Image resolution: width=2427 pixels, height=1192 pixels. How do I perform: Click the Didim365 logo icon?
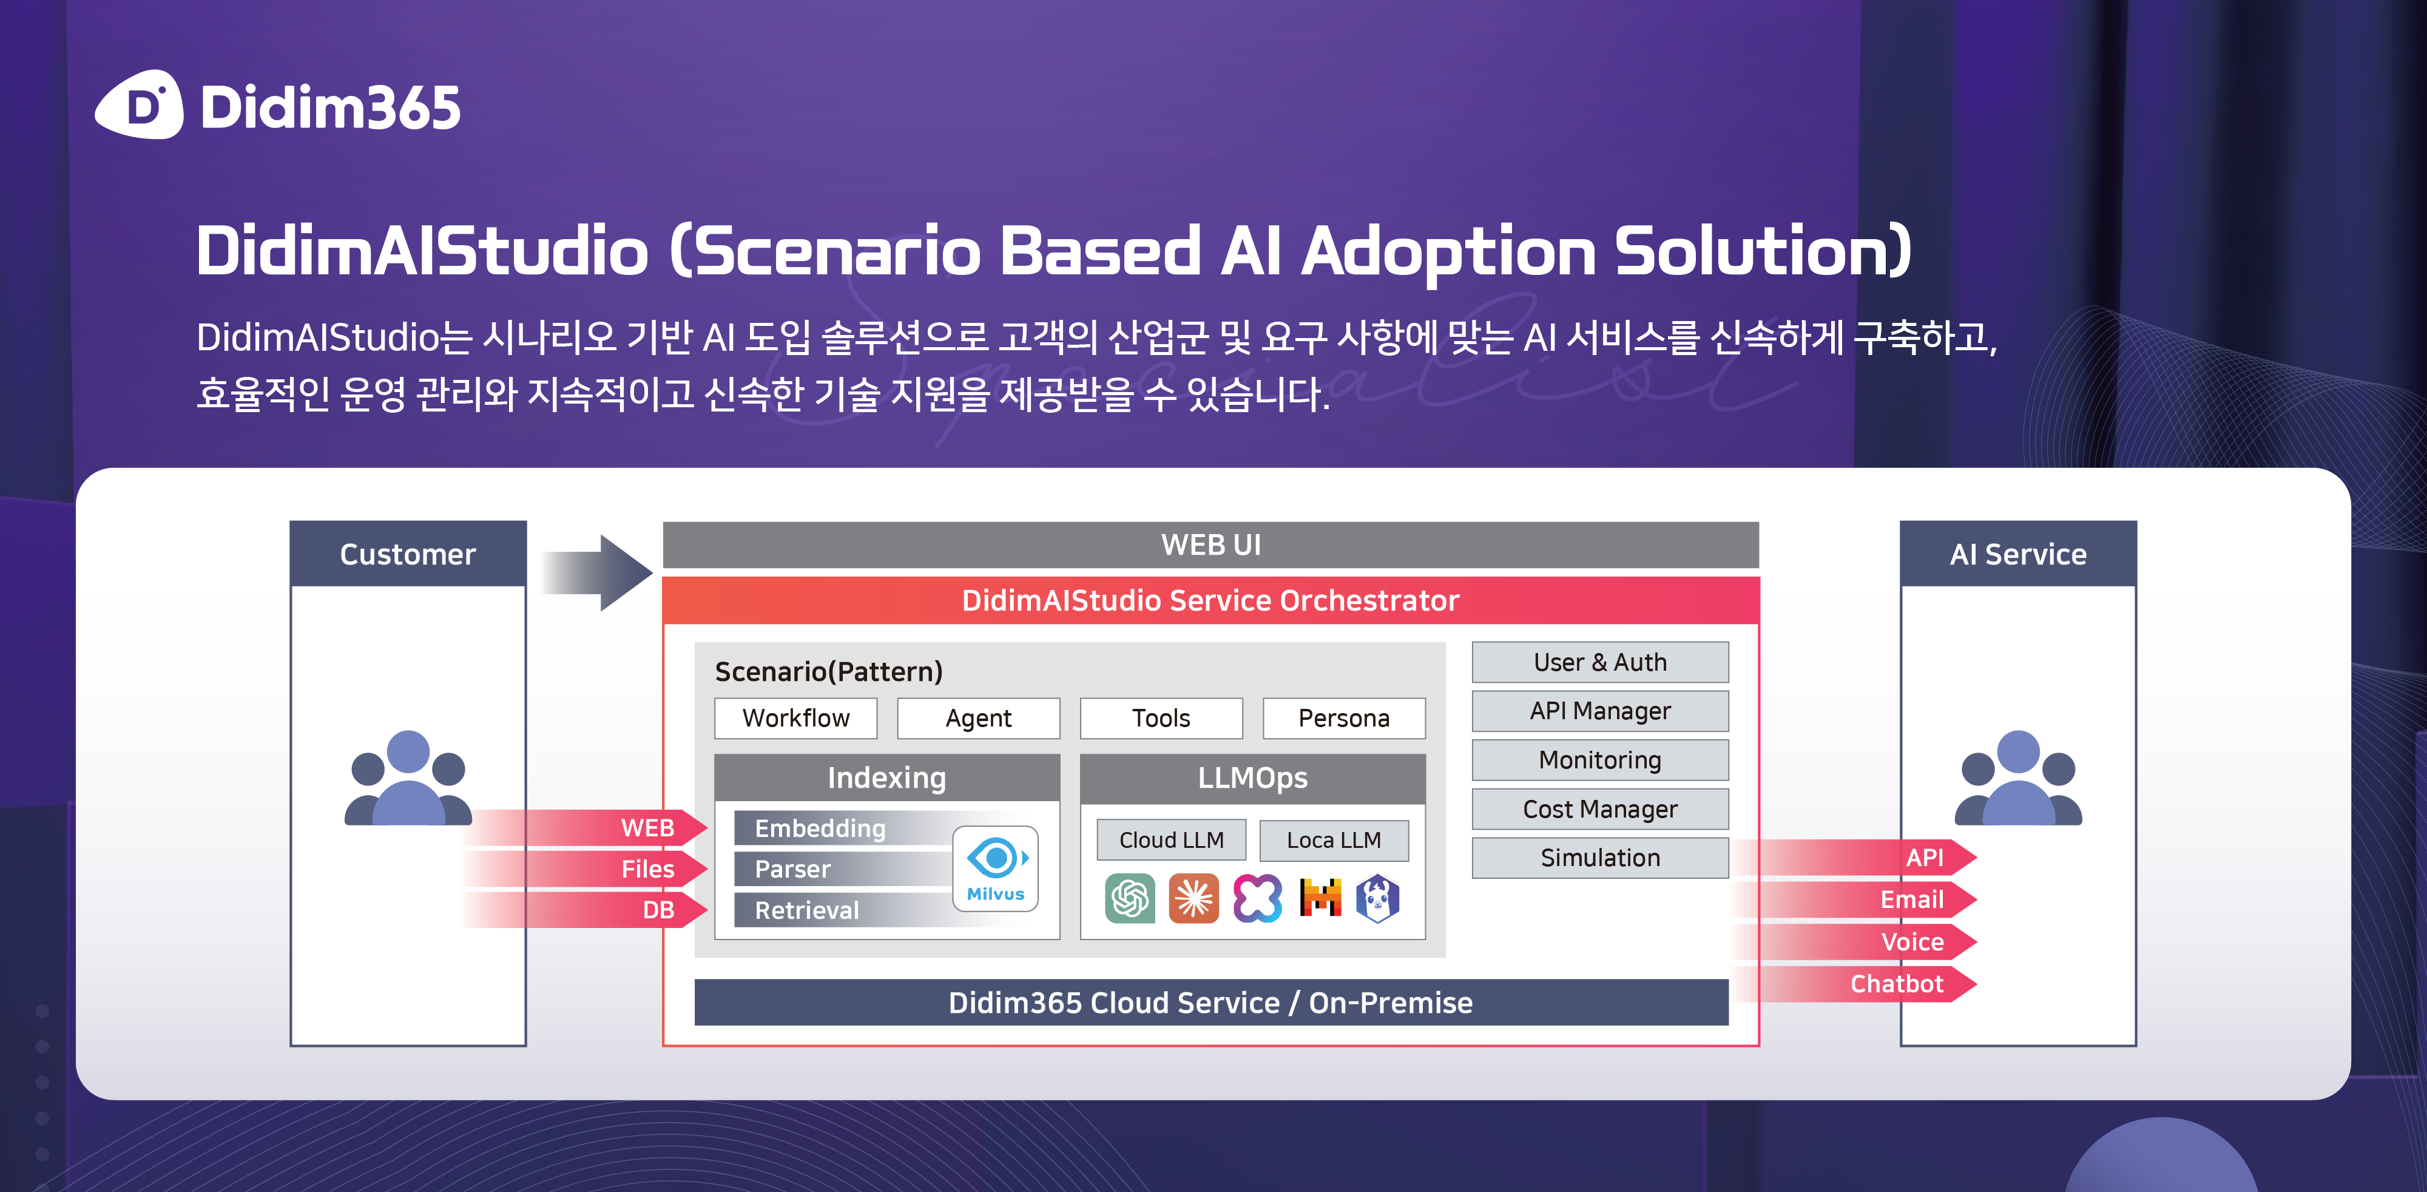pos(140,104)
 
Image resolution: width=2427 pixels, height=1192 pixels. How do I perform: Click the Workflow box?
pos(795,718)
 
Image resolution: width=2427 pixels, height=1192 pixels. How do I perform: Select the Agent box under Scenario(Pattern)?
pos(978,718)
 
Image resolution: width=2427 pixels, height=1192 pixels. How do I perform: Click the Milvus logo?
pos(996,869)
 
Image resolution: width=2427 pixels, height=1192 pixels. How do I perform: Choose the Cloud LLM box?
pos(1171,839)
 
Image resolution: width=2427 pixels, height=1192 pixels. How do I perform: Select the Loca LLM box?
pos(1334,839)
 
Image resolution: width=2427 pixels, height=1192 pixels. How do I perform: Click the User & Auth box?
pos(1600,662)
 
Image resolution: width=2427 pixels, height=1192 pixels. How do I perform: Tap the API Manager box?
pos(1600,711)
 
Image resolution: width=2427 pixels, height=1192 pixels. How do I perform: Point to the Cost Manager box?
pos(1600,808)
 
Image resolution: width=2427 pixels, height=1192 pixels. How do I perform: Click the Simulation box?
pos(1600,858)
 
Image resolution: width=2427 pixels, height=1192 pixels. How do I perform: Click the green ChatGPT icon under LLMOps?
pos(1130,898)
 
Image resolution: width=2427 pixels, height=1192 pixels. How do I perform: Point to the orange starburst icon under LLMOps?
pos(1193,898)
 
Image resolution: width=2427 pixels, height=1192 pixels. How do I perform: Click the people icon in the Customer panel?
pos(408,778)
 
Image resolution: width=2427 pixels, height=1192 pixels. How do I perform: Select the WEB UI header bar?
pos(1210,544)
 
